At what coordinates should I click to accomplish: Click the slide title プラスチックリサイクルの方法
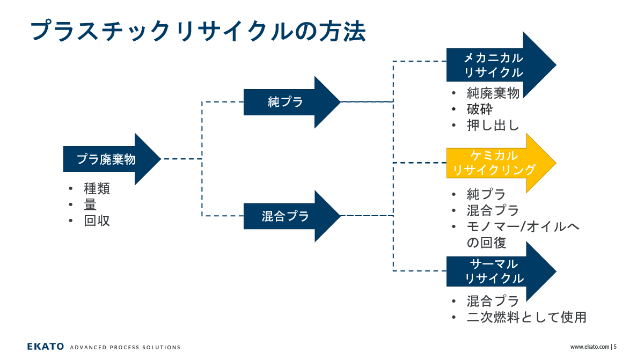pyautogui.click(x=198, y=31)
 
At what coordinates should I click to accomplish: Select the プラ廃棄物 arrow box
pyautogui.click(x=112, y=159)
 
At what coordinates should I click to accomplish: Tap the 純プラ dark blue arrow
pyautogui.click(x=292, y=102)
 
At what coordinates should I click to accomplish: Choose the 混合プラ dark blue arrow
pyautogui.click(x=292, y=216)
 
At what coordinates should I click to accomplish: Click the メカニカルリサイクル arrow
pyautogui.click(x=501, y=65)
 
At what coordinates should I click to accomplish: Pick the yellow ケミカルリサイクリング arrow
pyautogui.click(x=501, y=163)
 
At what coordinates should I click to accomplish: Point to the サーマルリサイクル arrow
pyautogui.click(x=501, y=271)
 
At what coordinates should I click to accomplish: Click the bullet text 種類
pyautogui.click(x=97, y=189)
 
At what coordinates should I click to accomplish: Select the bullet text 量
pyautogui.click(x=90, y=205)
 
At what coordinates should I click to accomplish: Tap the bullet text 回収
pyautogui.click(x=97, y=221)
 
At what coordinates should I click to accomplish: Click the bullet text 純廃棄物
pyautogui.click(x=493, y=93)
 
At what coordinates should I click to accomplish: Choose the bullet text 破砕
pyautogui.click(x=480, y=109)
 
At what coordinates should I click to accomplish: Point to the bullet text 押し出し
pyautogui.click(x=493, y=125)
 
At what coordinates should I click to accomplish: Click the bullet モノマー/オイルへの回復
pyautogui.click(x=523, y=235)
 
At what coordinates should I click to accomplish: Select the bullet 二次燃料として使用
pyautogui.click(x=526, y=318)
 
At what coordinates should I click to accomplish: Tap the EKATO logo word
pyautogui.click(x=46, y=347)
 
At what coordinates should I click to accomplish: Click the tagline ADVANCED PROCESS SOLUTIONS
pyautogui.click(x=125, y=347)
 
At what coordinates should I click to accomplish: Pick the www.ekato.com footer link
pyautogui.click(x=590, y=347)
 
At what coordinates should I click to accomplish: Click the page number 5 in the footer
pyautogui.click(x=615, y=347)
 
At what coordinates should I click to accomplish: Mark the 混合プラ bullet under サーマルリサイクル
pyautogui.click(x=493, y=302)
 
